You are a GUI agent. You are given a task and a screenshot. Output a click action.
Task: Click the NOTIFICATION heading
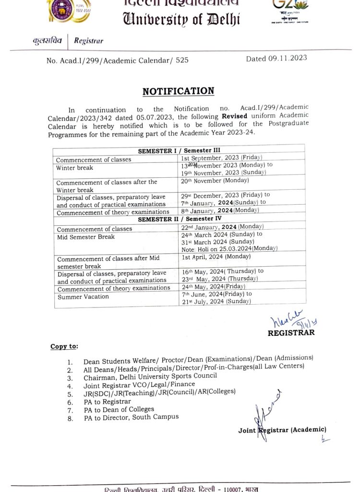point(178,91)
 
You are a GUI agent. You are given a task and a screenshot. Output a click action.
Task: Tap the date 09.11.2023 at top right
point(276,59)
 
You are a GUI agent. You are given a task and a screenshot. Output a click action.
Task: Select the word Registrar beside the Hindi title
point(88,41)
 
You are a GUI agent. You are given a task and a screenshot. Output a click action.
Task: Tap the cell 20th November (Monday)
point(215,181)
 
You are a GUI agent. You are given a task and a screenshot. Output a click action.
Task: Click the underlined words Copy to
point(64,346)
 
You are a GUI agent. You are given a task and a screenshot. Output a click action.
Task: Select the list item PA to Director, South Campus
point(131,417)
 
